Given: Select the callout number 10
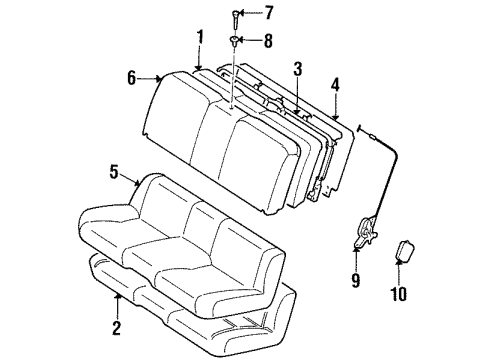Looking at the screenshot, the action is coord(404,295).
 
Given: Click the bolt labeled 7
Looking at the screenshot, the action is coord(233,15).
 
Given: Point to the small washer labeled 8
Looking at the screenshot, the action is coord(233,40).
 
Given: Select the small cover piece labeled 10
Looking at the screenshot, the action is coord(406,252).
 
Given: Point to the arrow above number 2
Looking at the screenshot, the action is coord(118,301).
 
